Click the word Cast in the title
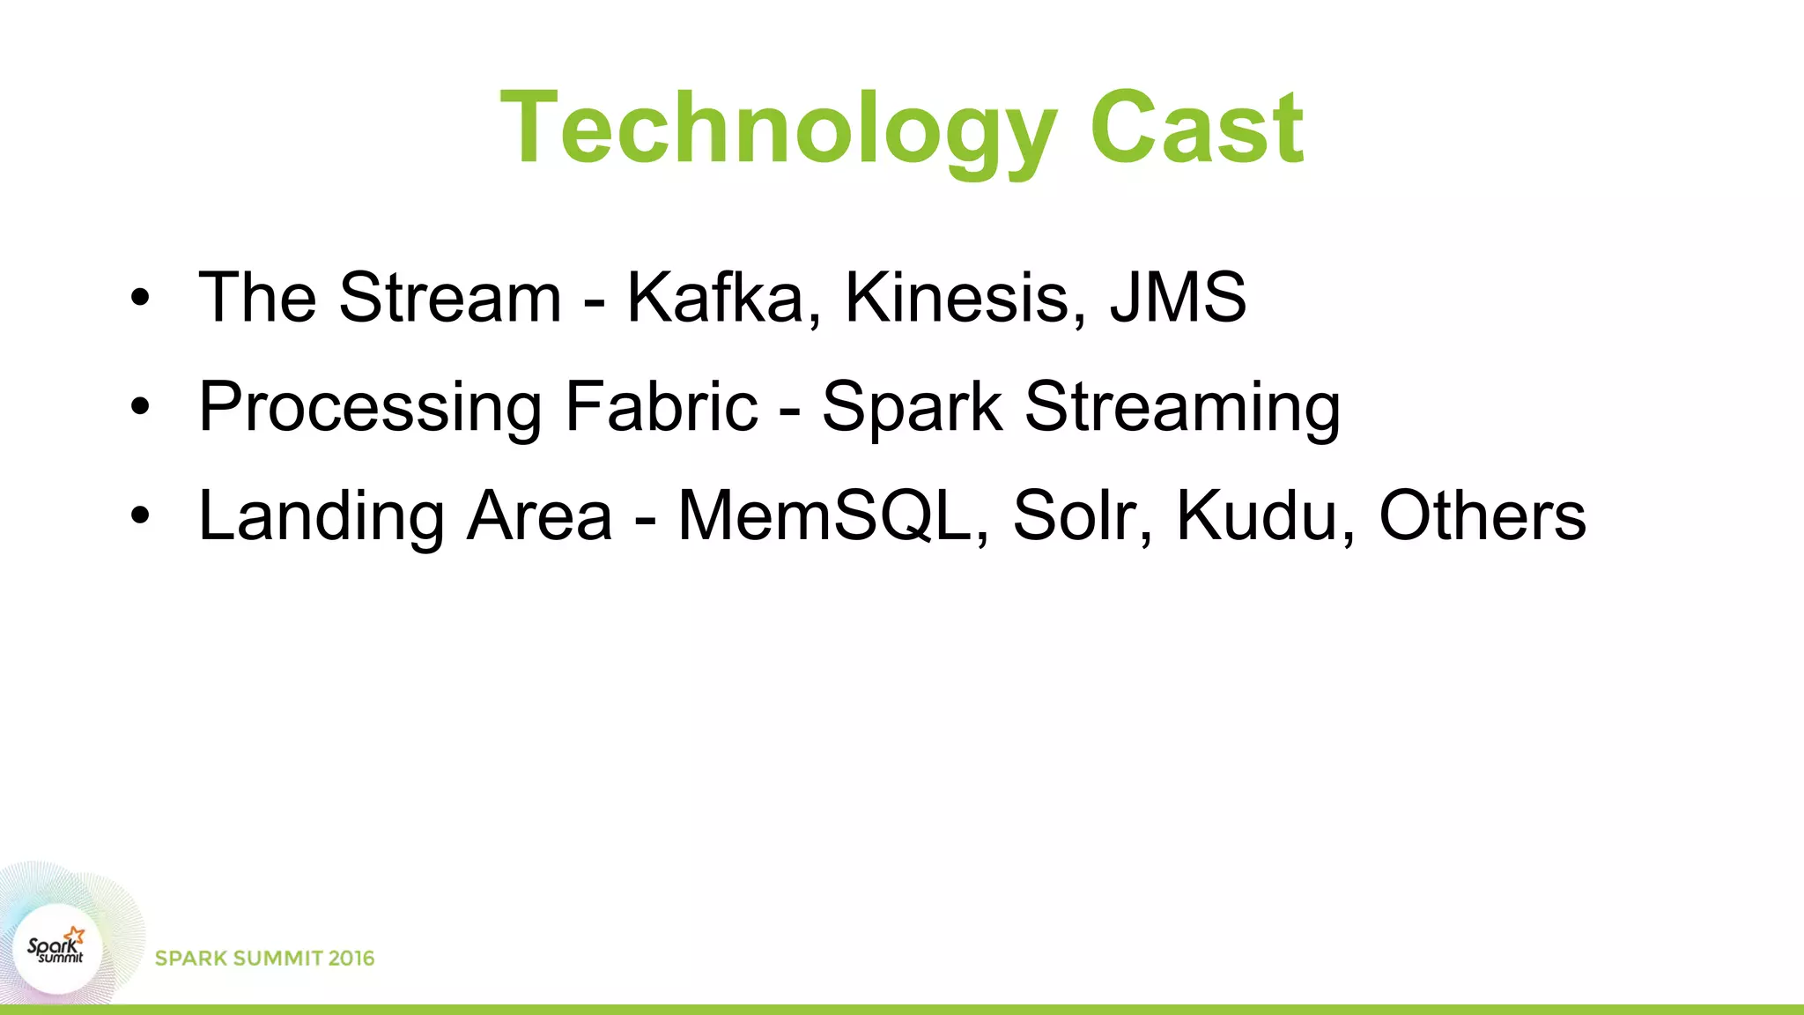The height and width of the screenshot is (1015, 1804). tap(1196, 129)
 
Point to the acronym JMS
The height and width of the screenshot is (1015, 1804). tap(1178, 298)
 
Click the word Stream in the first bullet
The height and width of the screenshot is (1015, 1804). tap(450, 298)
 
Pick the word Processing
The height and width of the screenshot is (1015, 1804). tap(370, 407)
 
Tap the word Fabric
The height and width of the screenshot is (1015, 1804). tap(662, 407)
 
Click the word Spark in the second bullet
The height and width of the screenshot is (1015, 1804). tap(912, 407)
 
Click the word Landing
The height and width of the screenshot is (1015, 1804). tap(322, 516)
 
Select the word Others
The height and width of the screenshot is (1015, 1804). tap(1482, 516)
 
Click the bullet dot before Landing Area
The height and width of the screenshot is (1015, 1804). tap(140, 515)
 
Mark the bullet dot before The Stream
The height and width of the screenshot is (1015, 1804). tap(140, 298)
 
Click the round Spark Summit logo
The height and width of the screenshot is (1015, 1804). tap(57, 949)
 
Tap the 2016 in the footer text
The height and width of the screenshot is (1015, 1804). tap(351, 959)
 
